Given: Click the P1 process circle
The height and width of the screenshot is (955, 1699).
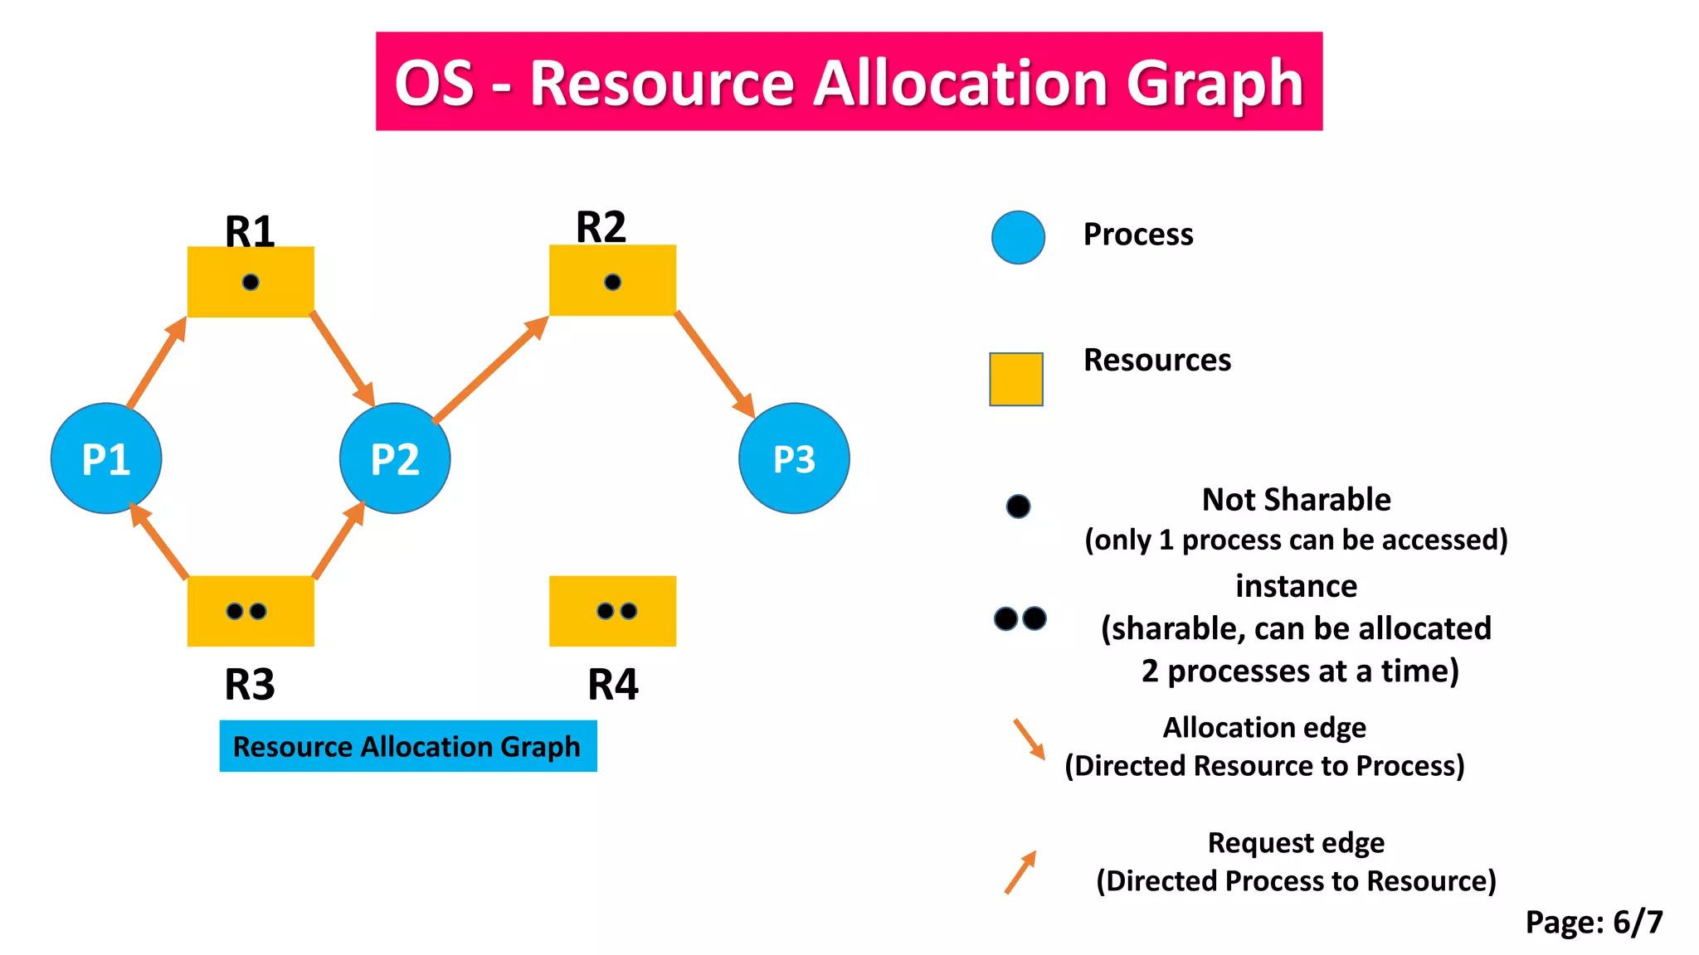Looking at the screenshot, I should (x=106, y=458).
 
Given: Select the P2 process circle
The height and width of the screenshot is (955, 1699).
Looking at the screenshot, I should (x=395, y=458).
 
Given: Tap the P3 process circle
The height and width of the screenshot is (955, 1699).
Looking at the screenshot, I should (x=794, y=458).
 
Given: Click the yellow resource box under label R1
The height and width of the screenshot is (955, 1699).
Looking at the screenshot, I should (x=251, y=282).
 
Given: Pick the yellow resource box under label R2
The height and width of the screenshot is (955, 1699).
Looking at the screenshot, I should (x=612, y=280).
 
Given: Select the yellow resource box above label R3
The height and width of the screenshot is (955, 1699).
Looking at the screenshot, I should (x=251, y=611).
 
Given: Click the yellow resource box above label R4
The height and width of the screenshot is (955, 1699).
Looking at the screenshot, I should (x=612, y=611).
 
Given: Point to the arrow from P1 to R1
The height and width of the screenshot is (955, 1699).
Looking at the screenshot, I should (x=156, y=362).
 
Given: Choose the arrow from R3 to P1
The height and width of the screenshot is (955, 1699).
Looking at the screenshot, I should (x=159, y=541).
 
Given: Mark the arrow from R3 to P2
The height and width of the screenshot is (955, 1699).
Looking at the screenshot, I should (x=338, y=541).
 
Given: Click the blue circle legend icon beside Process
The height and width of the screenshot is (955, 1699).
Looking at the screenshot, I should (x=1018, y=237).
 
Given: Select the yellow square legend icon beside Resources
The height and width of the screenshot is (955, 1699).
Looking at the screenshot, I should (x=1015, y=379).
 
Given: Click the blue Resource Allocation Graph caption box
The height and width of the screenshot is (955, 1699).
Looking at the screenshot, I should (x=407, y=746).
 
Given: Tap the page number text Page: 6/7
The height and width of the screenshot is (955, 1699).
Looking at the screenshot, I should (x=1594, y=922).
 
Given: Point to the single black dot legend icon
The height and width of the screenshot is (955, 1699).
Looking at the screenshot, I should (x=1018, y=506).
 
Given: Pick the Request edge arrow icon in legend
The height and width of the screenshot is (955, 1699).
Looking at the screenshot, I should (x=1020, y=872).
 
